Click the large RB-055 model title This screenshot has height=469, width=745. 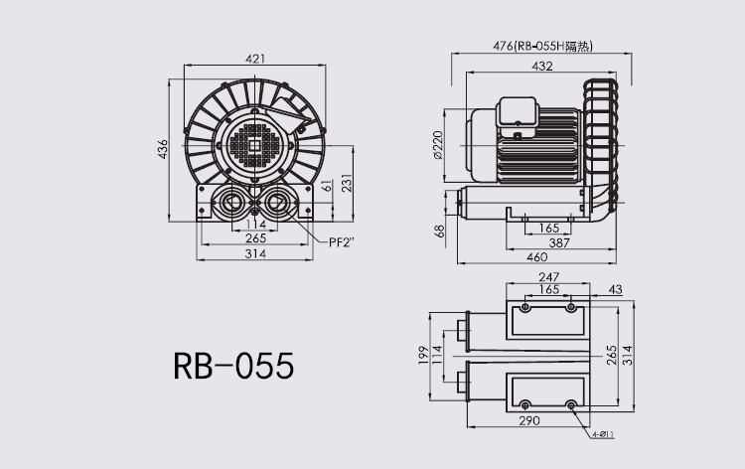tap(233, 366)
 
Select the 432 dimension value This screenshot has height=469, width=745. tap(542, 66)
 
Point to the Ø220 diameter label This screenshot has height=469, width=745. tap(438, 145)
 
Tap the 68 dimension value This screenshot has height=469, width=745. tap(438, 232)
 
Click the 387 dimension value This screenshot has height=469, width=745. tap(559, 242)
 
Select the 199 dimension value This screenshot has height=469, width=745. tap(423, 355)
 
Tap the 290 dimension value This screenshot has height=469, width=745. tap(528, 421)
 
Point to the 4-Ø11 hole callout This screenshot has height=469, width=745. tap(603, 434)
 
